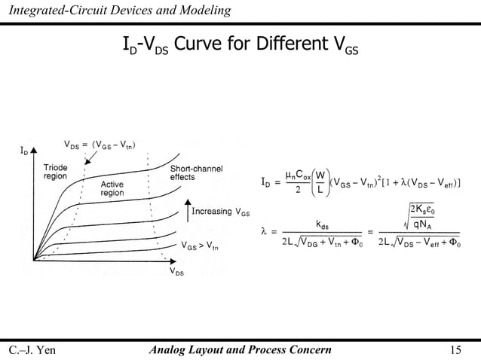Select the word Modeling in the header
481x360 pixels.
204,9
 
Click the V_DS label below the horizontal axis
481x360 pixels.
174,272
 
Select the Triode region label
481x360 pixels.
55,171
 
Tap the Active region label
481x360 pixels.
112,188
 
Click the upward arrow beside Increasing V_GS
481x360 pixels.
187,210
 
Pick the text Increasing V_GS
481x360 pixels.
222,212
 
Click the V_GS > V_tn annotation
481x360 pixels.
201,246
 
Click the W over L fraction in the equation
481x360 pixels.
320,182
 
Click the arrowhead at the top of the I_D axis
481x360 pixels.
33,150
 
